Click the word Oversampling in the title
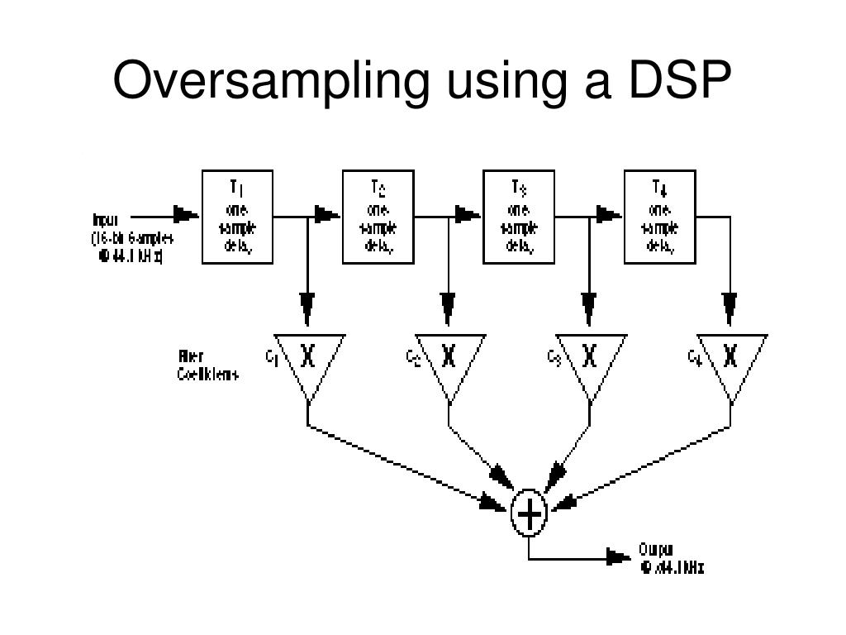pos(272,83)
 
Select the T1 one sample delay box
pos(238,217)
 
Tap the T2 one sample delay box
pos(378,217)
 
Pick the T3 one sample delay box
pos(518,217)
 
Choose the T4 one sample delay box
pos(659,217)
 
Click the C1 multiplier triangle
pos(308,359)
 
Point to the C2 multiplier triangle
pos(449,359)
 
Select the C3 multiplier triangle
pos(589,359)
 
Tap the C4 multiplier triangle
pos(730,359)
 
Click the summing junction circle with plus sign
pos(528,515)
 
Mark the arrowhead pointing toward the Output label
pos(619,557)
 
